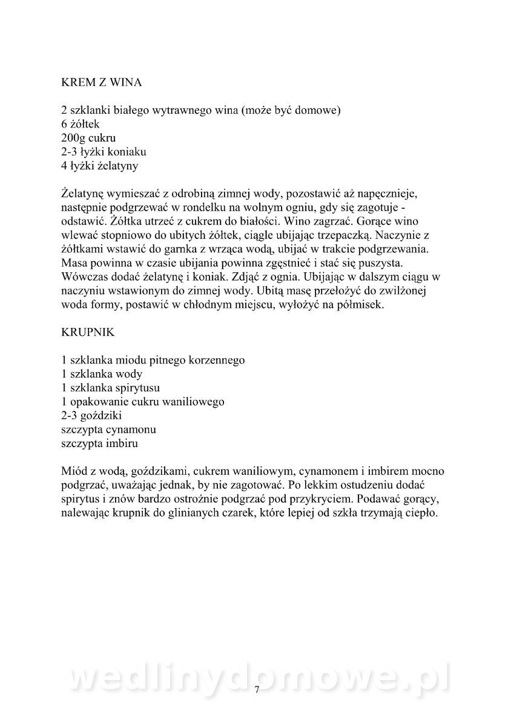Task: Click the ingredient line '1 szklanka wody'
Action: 102,374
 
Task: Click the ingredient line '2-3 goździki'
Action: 91,416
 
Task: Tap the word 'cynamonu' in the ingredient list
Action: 131,430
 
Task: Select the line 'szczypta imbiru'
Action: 100,443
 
